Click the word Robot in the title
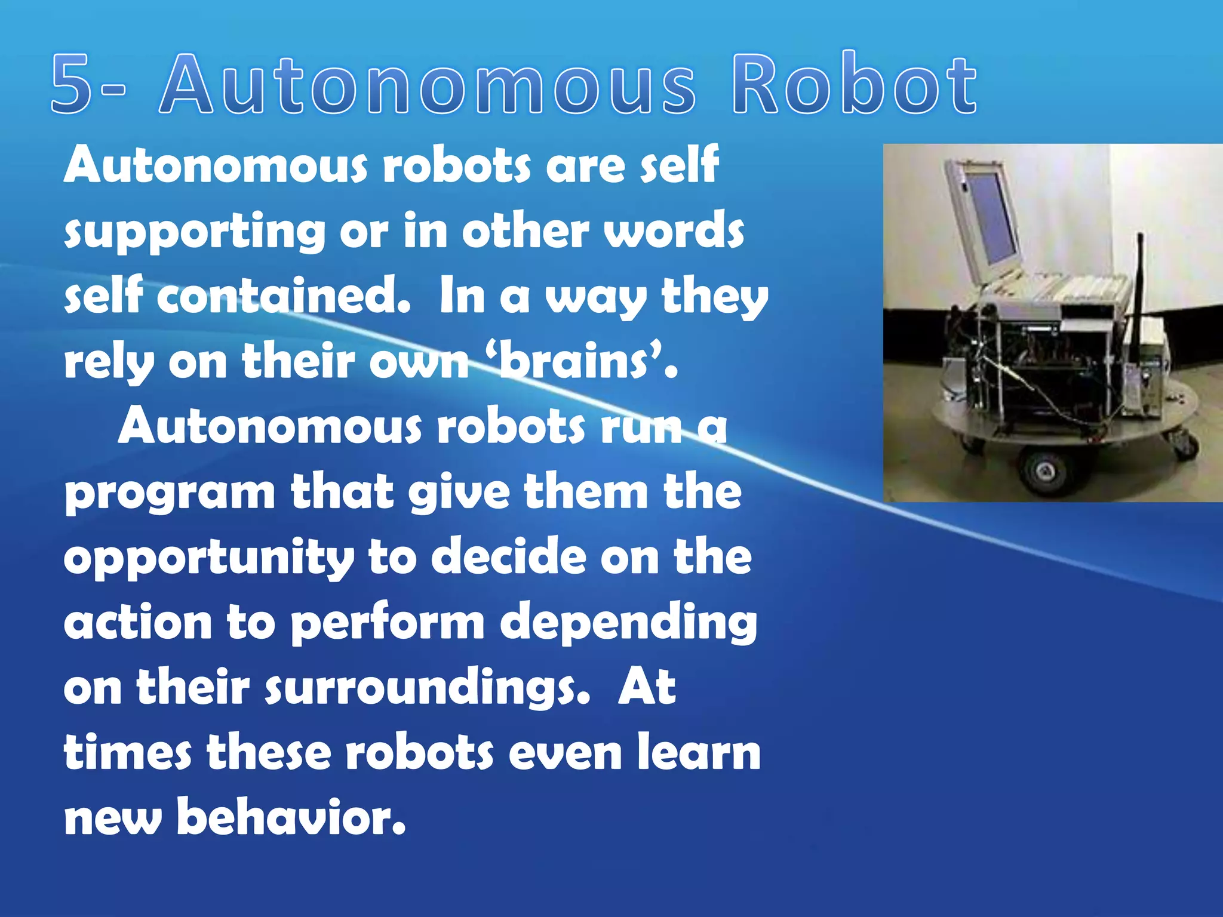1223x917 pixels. (x=854, y=84)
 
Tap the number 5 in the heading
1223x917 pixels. (x=72, y=84)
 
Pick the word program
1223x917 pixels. (x=170, y=493)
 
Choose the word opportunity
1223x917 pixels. (x=209, y=558)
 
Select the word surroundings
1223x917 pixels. (x=428, y=688)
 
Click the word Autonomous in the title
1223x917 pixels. (x=426, y=84)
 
